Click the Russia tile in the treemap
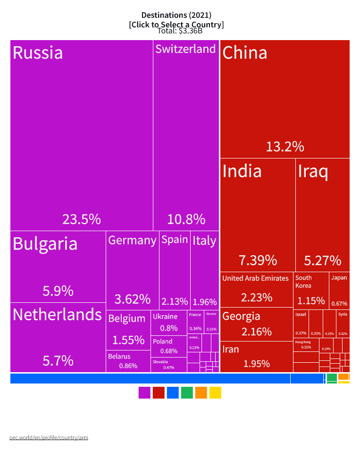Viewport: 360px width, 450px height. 82,135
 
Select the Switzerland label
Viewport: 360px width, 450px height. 185,49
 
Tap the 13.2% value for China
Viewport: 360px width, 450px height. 285,147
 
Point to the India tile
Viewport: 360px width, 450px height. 258,215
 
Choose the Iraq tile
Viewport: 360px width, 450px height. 322,215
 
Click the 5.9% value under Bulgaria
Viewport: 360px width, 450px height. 58,291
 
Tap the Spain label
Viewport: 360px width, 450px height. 175,240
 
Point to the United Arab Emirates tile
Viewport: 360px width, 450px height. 257,289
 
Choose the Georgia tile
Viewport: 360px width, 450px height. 257,324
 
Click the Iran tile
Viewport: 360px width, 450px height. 257,357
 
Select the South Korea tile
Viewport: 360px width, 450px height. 311,289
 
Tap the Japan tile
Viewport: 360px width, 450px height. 339,289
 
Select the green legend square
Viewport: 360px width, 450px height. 187,392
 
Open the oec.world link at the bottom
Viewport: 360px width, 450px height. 49,437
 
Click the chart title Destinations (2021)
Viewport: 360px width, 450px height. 176,16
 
